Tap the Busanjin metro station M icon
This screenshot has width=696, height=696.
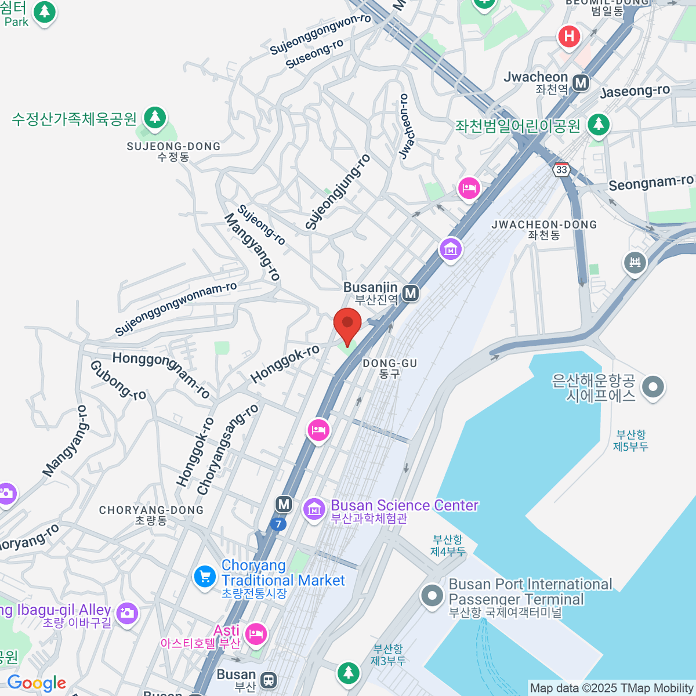411,293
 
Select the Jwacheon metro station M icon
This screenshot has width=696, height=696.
581,83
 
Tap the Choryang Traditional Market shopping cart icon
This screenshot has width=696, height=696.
205,577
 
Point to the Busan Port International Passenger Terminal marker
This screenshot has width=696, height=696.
432,596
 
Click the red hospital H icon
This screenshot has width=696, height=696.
569,37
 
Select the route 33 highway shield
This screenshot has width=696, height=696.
561,169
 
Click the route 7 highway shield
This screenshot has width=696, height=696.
278,524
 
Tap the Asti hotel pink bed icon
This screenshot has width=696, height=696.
256,634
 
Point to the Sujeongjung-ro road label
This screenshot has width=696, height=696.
338,193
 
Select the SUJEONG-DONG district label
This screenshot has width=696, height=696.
173,147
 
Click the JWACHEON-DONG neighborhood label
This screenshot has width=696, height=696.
543,225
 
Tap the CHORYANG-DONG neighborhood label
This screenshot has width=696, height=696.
151,510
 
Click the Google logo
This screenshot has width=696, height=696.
37,683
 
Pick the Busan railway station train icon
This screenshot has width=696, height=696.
268,679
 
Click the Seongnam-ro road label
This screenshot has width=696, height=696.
650,183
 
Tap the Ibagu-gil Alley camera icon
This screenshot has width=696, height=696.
127,613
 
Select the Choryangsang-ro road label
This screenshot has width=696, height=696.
227,449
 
